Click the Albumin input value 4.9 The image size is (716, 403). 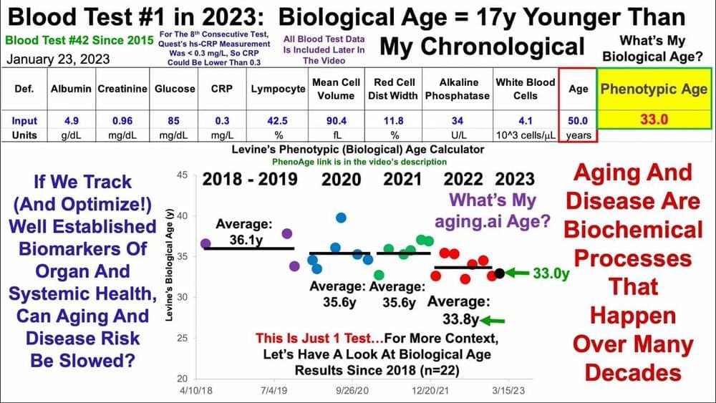point(72,120)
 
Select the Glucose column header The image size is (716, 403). point(175,89)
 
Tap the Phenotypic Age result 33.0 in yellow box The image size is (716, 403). point(654,120)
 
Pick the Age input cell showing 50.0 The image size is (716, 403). point(578,120)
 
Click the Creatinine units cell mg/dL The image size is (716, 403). point(123,135)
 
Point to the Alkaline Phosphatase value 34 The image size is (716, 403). point(457,120)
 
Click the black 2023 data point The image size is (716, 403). point(500,273)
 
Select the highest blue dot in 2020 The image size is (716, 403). point(341,218)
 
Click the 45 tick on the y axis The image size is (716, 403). point(182,175)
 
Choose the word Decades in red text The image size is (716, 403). point(633,372)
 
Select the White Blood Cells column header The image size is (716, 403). point(526,89)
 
